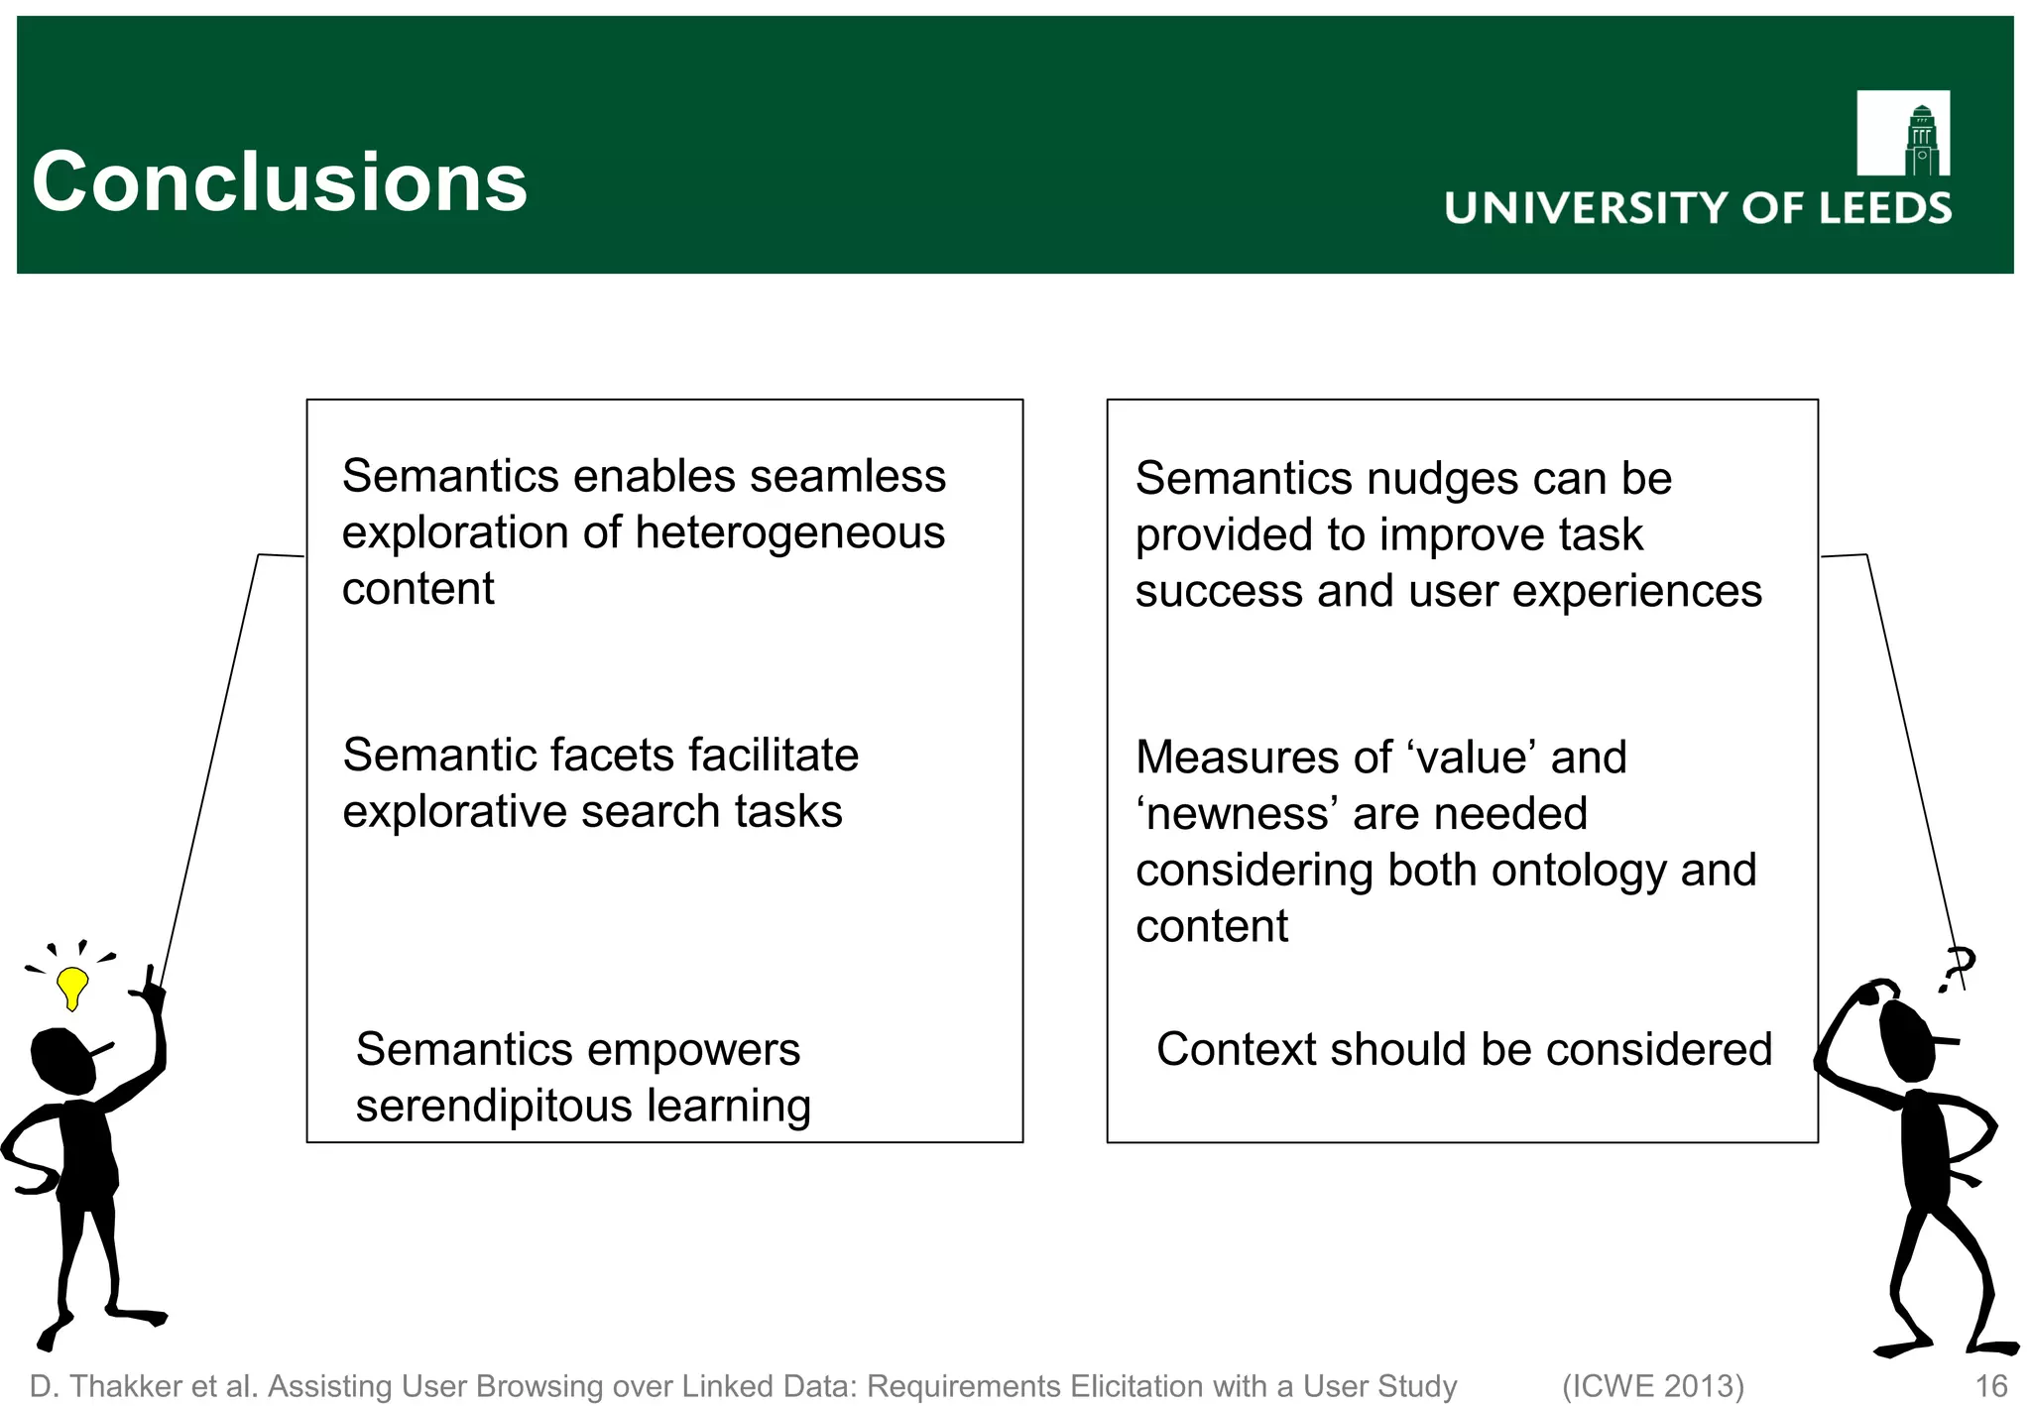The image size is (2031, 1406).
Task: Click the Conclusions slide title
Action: [x=279, y=182]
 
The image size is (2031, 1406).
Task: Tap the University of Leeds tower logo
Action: [x=1902, y=134]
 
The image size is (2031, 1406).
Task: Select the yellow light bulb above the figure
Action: [x=72, y=987]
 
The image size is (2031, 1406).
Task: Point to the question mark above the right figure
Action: [x=1957, y=967]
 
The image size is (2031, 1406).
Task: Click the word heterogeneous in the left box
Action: [x=789, y=532]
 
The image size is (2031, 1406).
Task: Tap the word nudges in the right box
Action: [x=1443, y=479]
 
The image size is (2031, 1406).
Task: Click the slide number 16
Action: [x=1990, y=1386]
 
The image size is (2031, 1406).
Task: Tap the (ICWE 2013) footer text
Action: [x=1652, y=1386]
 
